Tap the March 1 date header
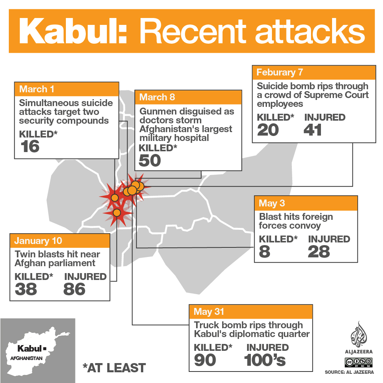pyautogui.click(x=37, y=89)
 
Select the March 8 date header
pyautogui.click(x=157, y=97)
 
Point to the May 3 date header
pyautogui.click(x=272, y=203)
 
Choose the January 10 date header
pyautogui.click(x=38, y=241)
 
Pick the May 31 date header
pyautogui.click(x=209, y=311)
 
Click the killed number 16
pyautogui.click(x=31, y=147)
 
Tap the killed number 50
pyautogui.click(x=150, y=160)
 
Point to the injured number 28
pyautogui.click(x=319, y=252)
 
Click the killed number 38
pyautogui.click(x=26, y=289)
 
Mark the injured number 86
pyautogui.click(x=75, y=289)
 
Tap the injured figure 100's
pyautogui.click(x=265, y=360)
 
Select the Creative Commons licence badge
pyautogui.click(x=358, y=361)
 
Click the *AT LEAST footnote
pyautogui.click(x=114, y=368)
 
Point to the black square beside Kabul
pyautogui.click(x=45, y=349)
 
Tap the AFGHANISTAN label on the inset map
pyautogui.click(x=24, y=358)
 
